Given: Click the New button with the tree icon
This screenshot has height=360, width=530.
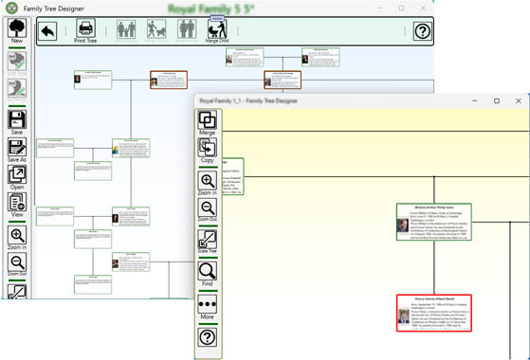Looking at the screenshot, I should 17,31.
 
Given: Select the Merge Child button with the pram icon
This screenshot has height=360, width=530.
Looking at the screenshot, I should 217,30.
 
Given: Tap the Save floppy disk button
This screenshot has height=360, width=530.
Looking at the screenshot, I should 17,121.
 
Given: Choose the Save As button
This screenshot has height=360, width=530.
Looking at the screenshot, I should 17,150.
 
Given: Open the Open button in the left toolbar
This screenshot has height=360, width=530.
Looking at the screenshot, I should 17,177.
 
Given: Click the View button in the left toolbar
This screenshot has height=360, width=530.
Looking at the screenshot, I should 17,205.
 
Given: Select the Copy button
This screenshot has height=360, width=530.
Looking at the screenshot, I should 208,151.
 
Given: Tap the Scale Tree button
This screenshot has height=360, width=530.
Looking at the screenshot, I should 208,242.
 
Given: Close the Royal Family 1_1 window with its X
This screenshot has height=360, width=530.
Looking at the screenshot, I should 521,100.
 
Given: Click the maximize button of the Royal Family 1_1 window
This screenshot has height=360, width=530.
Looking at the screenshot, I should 495,100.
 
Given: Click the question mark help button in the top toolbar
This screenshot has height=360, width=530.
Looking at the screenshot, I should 422,31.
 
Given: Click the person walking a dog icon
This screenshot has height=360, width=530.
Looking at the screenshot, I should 157,30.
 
